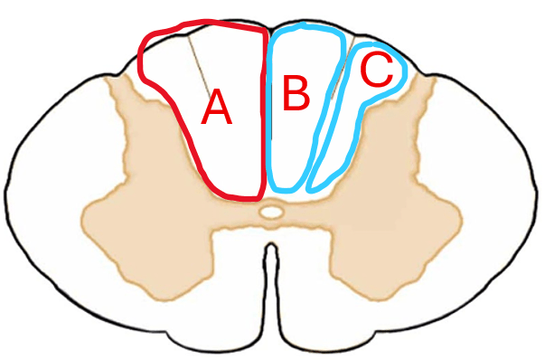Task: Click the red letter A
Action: pos(216,107)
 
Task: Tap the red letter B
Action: pos(296,93)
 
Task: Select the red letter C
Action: pos(377,71)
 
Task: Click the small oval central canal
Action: pos(271,212)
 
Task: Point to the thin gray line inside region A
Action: pos(199,67)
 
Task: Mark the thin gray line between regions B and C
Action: pos(343,68)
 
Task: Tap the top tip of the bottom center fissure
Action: pos(271,244)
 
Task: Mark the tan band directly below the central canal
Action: pos(271,224)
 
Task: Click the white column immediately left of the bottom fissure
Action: pos(240,279)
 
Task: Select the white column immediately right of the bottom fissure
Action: pos(304,279)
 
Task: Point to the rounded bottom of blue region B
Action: pos(286,190)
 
